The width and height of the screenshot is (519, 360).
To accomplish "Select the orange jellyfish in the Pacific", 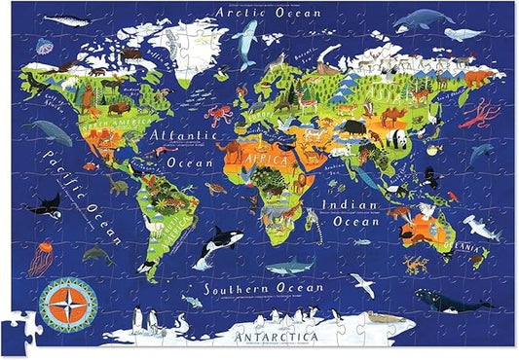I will point(41,258).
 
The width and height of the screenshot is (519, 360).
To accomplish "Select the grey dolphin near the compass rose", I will point(97,255).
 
